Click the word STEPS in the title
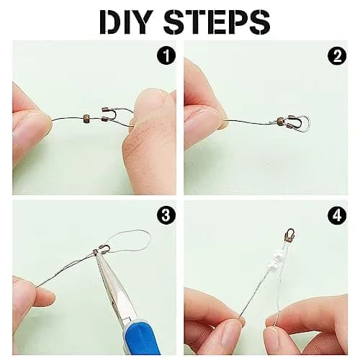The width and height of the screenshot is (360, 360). (217, 22)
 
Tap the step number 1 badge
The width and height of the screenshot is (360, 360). (166, 55)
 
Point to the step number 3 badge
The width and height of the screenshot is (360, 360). (166, 215)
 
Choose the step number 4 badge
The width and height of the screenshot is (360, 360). (337, 215)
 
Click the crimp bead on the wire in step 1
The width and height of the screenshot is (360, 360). (86, 119)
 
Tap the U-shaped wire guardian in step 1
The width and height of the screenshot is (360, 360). (109, 114)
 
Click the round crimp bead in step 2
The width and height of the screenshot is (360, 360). (280, 120)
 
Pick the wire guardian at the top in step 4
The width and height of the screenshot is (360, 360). (290, 235)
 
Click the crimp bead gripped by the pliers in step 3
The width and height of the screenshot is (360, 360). (95, 252)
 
